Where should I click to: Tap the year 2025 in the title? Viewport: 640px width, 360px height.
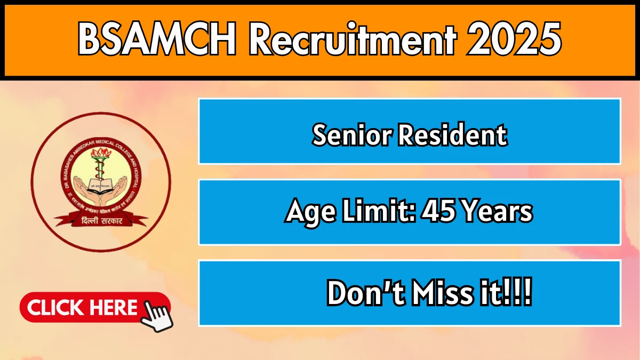click(515, 41)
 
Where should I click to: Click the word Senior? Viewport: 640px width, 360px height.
click(351, 135)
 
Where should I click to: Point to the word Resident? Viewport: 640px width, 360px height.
click(453, 135)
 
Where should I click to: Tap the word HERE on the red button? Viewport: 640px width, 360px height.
click(114, 308)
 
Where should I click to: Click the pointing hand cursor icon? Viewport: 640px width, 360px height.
click(156, 316)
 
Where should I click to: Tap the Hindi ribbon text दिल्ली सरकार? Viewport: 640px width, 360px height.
click(101, 220)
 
